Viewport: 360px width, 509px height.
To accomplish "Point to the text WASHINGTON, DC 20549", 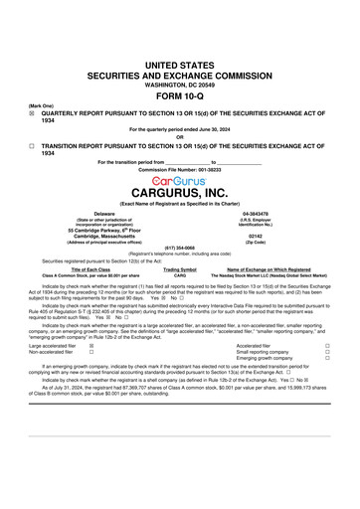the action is [x=180, y=84].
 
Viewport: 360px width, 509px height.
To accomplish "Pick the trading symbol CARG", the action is [x=180, y=273].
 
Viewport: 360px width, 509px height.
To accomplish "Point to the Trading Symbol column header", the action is [x=180, y=267].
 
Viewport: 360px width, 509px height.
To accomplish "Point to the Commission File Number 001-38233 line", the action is [x=180, y=170].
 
